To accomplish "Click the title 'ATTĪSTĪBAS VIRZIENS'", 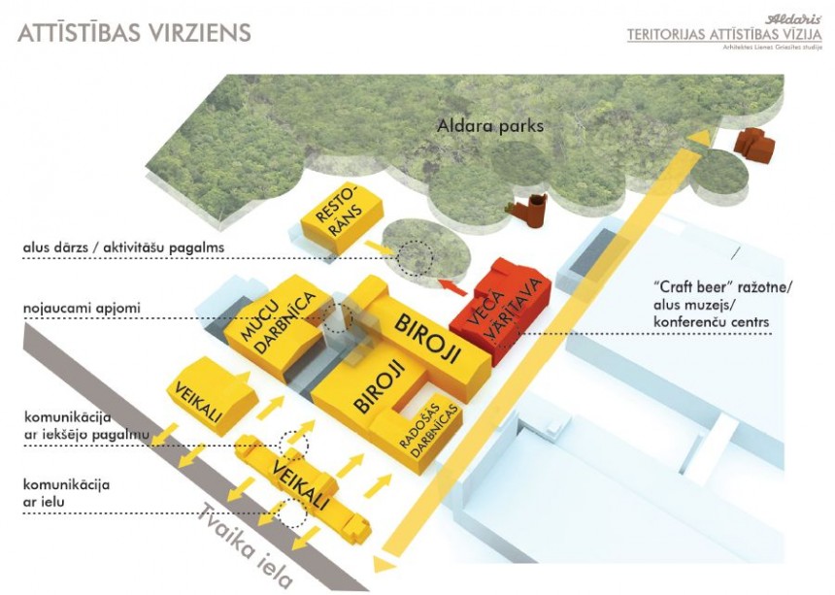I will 135,32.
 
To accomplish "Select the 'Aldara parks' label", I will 490,126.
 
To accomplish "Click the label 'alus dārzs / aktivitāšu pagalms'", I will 123,248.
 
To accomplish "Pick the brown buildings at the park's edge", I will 756,145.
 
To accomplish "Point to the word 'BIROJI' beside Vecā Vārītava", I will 427,336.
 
